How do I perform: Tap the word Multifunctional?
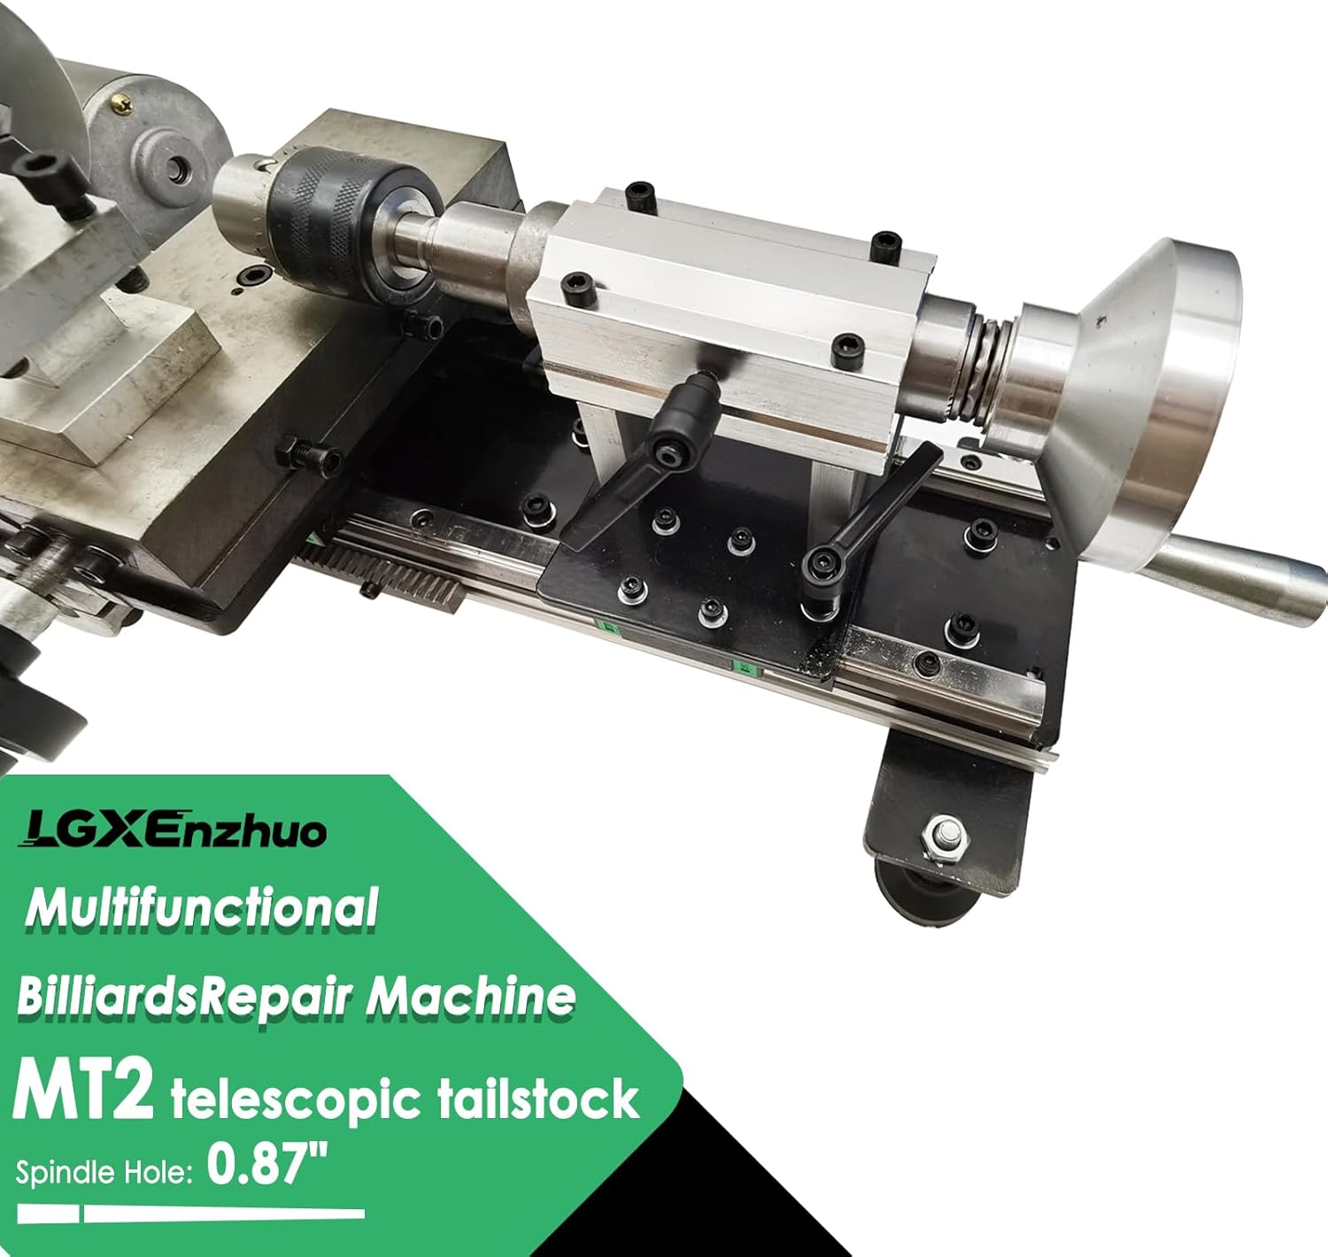click(x=202, y=908)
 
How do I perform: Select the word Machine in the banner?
click(x=471, y=998)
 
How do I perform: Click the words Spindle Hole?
click(x=104, y=1173)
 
